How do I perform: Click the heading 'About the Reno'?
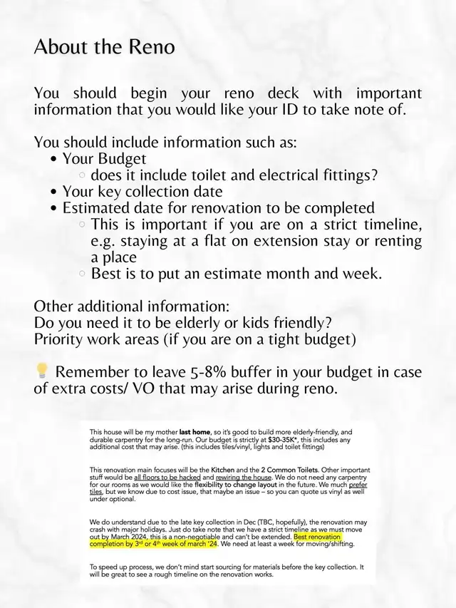tap(103, 48)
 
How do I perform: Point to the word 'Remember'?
tap(96, 372)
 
